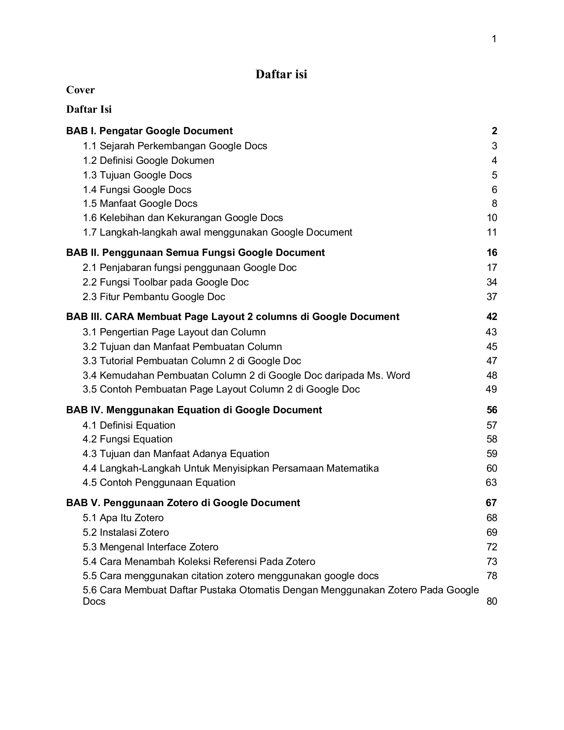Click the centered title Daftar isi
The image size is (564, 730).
coord(281,74)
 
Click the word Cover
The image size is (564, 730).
coord(80,90)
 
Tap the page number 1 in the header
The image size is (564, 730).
coord(494,39)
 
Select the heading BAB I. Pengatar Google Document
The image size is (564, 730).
coord(149,131)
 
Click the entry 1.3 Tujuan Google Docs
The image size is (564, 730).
coord(137,175)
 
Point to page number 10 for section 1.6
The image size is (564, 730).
coord(492,218)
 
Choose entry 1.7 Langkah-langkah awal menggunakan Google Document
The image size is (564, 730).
coord(217,232)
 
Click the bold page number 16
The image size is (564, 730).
coord(492,253)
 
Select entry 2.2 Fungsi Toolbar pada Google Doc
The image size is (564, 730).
coord(165,282)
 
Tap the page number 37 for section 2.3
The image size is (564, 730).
coord(492,297)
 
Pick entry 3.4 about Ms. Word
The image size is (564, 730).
coord(246,376)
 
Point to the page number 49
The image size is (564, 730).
coord(491,389)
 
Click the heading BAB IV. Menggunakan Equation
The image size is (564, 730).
coord(194,410)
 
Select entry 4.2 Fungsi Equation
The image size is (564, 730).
coord(127,439)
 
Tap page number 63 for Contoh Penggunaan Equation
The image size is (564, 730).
coord(491,483)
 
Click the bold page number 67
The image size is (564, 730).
coord(491,503)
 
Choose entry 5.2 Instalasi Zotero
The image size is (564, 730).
coord(126,532)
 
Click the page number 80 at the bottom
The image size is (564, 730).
coord(491,601)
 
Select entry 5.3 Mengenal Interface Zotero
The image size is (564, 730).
coord(150,547)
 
